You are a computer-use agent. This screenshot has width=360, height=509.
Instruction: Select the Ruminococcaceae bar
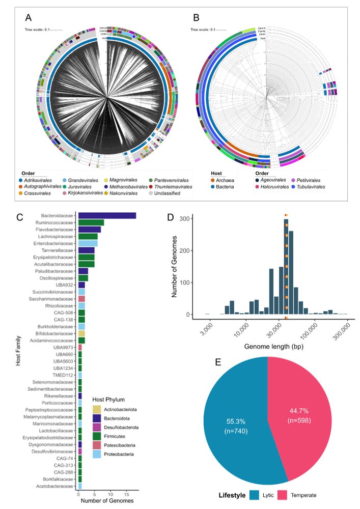pyautogui.click(x=91, y=222)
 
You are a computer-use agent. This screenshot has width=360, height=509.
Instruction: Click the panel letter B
pyautogui.click(x=197, y=17)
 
